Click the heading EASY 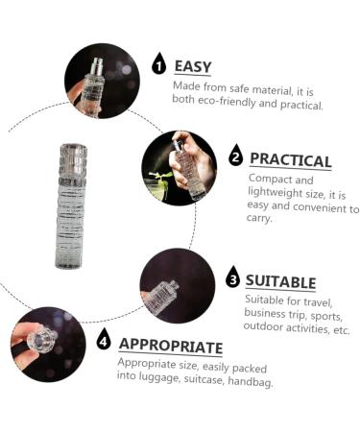tap(193, 67)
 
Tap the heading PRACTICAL tap(290, 160)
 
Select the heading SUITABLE tap(280, 282)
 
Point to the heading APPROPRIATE tap(171, 346)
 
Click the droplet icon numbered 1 tap(158, 63)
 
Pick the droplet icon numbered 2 tap(236, 156)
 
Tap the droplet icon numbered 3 tap(232, 276)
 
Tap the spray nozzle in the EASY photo tap(97, 66)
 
